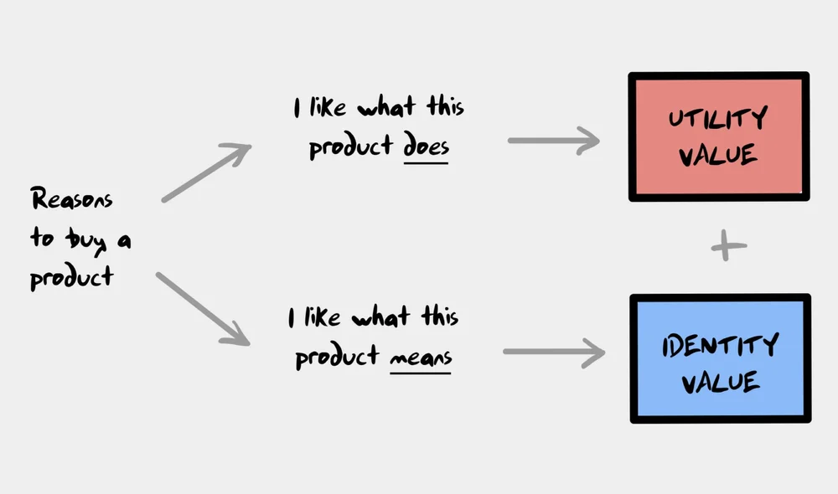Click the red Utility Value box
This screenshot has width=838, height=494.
pos(719,137)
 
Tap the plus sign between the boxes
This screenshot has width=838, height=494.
pos(727,247)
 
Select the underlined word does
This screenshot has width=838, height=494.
pos(426,146)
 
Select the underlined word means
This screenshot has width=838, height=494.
pos(420,357)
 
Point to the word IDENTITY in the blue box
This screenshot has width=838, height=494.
pos(720,343)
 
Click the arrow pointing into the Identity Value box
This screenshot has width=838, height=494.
pos(553,352)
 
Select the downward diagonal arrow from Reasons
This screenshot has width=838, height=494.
pos(204,309)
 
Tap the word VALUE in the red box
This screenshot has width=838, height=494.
pos(718,156)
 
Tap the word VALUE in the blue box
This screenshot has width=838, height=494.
pos(720,382)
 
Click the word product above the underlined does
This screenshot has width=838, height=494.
pos(351,147)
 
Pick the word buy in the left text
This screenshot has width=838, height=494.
pos(87,239)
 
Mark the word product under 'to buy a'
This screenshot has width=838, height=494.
pos(71,278)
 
